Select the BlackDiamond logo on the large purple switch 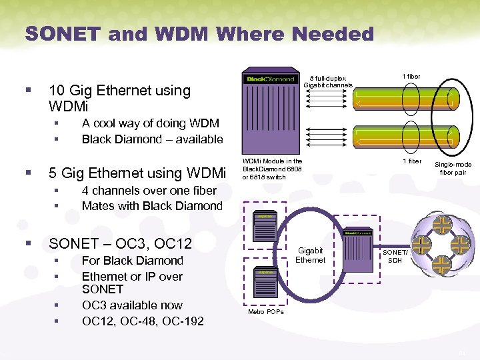271,79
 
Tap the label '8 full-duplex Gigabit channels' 328,81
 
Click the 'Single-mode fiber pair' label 453,168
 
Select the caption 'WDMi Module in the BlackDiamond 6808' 272,169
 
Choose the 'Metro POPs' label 266,311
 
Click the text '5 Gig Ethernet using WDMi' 137,173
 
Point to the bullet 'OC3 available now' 132,305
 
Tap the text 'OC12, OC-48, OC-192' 143,321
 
